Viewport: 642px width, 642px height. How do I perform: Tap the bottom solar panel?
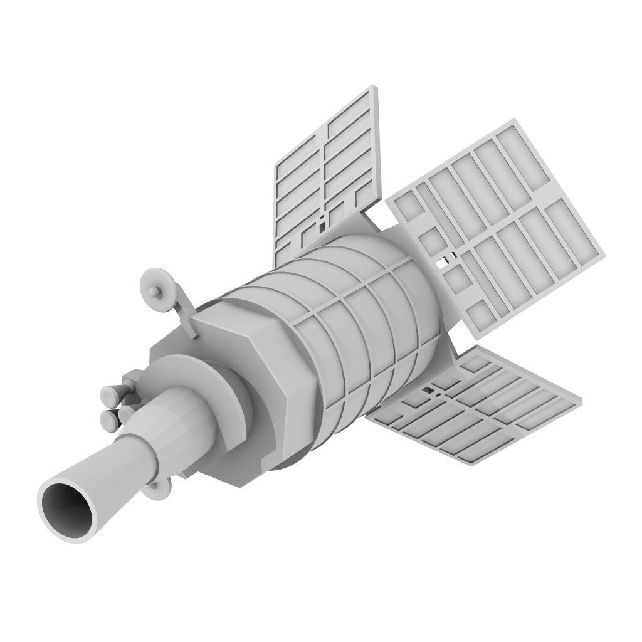476,408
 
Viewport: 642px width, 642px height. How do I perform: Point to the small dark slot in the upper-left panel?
322,222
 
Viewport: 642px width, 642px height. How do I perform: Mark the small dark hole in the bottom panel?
429,391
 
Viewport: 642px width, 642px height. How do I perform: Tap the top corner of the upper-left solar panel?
376,87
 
